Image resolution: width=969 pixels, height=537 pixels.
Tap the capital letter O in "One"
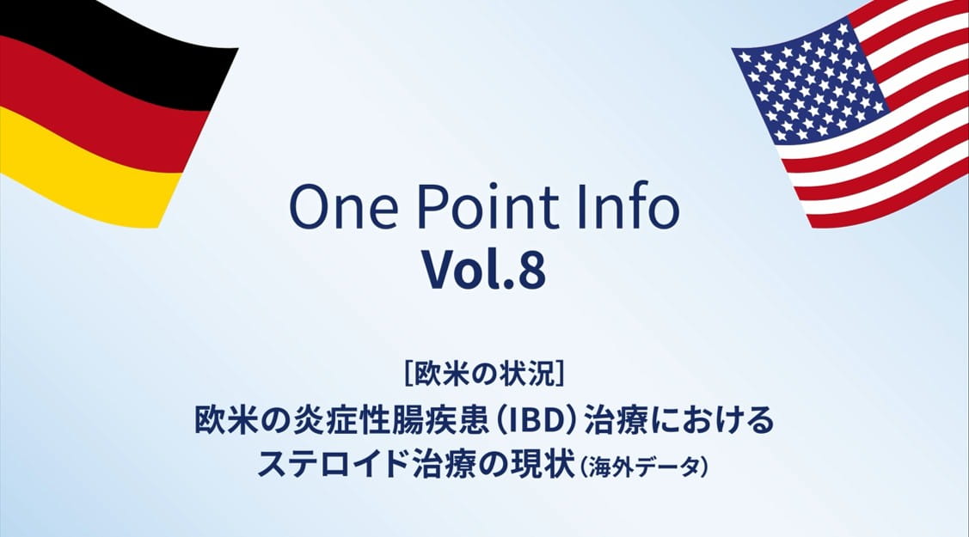[308, 208]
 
